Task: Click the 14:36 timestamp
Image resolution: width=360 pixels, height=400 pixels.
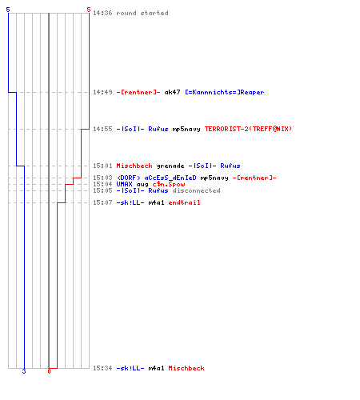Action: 102,13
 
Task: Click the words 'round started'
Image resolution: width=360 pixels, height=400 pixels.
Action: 142,13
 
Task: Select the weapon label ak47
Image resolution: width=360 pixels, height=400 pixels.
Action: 172,92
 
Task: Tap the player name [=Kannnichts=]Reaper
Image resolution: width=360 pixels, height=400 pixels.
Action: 225,92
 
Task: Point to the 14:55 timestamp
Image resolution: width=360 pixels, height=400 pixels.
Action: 102,129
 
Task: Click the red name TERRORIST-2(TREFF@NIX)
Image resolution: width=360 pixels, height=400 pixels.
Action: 248,129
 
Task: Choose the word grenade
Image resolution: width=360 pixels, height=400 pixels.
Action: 170,166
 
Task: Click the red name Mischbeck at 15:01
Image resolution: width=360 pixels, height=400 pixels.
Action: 134,166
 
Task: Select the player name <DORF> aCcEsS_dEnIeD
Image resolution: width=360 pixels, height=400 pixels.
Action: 157,178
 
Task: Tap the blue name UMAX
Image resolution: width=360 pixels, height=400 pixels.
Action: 124,184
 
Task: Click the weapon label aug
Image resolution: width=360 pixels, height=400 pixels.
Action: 142,185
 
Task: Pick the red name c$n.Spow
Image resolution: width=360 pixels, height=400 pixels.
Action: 169,184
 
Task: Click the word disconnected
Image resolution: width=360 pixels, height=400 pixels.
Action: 196,190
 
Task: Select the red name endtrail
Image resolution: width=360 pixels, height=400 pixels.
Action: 184,202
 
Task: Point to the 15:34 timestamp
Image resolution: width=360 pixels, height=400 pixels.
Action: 102,368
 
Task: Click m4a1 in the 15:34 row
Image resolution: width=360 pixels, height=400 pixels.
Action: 156,368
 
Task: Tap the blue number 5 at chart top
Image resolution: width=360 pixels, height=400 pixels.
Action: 8,10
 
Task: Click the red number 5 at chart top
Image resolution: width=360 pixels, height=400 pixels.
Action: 89,10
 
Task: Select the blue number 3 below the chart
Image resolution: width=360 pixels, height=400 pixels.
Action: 24,371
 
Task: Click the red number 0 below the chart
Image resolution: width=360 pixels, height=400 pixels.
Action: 49,371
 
